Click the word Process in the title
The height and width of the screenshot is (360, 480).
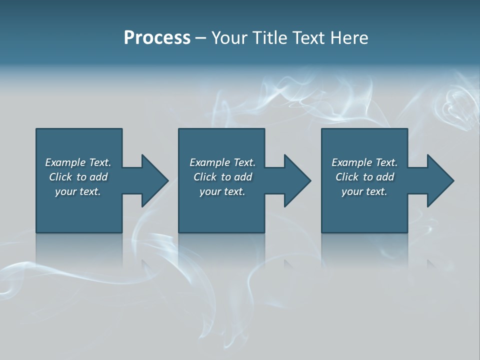[157, 38]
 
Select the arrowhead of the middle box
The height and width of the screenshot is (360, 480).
[297, 180]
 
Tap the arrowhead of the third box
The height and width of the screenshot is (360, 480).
[440, 180]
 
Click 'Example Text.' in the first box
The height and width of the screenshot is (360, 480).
[78, 162]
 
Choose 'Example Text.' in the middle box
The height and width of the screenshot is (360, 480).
[222, 162]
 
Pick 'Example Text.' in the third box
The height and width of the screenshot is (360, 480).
[364, 162]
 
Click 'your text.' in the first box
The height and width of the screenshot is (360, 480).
[78, 191]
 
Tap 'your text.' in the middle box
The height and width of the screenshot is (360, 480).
[222, 191]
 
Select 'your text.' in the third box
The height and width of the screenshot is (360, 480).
[364, 191]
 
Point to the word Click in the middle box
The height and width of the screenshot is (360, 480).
[205, 177]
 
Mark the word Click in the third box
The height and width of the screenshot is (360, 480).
[347, 177]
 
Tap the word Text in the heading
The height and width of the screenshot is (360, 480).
[308, 38]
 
